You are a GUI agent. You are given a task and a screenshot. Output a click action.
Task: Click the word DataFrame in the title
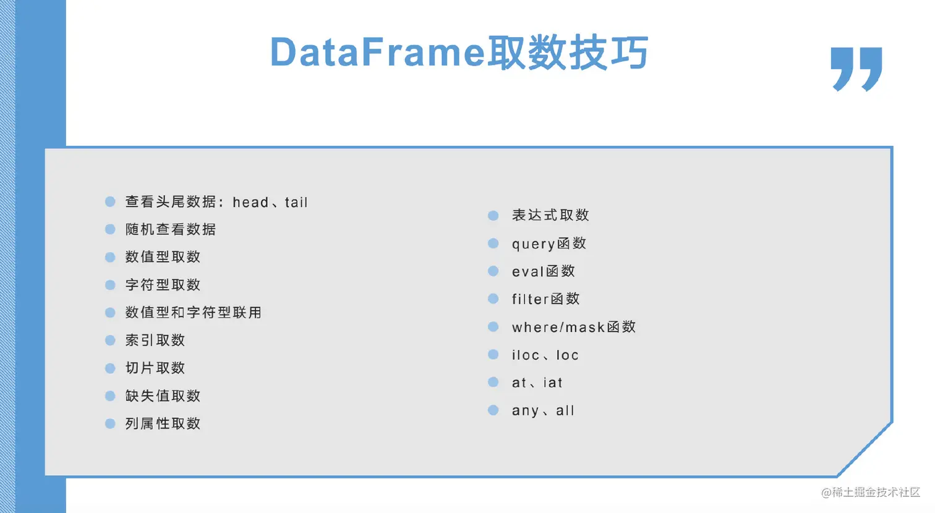[x=378, y=53]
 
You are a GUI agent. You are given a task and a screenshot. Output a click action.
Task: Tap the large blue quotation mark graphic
[x=856, y=69]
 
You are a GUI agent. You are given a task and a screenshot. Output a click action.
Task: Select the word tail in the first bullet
[x=296, y=202]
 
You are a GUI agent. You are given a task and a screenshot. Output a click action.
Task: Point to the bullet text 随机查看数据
[x=171, y=229]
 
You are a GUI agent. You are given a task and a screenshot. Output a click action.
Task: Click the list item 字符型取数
[x=163, y=285]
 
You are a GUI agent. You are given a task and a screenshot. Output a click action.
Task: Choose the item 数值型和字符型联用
[x=194, y=312]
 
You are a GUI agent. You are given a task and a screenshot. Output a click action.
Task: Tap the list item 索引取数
[x=155, y=341]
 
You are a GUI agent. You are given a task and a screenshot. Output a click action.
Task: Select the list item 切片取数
[x=155, y=368]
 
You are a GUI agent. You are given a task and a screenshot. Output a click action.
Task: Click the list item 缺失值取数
[x=163, y=396]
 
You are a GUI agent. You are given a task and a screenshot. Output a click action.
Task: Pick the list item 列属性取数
[x=163, y=424]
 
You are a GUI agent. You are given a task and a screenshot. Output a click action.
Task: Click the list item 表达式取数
[x=550, y=215]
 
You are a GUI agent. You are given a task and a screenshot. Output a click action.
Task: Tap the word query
[x=534, y=244]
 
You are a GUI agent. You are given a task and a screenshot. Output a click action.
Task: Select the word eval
[x=528, y=271]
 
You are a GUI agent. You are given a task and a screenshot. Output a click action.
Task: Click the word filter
[x=531, y=299]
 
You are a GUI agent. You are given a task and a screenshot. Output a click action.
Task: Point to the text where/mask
[x=558, y=327]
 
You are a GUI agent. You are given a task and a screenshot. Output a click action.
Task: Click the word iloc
[x=526, y=355]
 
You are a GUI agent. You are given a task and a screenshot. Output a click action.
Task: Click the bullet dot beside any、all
[x=493, y=410]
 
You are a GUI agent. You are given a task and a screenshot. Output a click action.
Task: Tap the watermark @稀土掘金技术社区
[x=871, y=493]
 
